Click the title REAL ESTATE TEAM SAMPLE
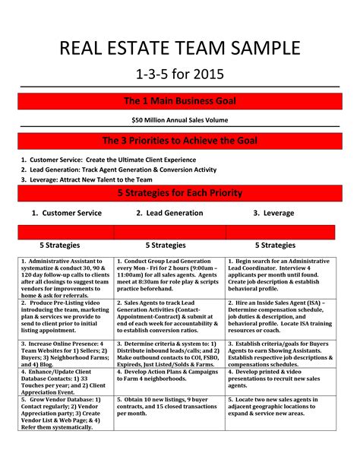click(180, 50)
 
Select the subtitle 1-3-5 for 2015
click(180, 76)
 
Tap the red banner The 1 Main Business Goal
click(180, 101)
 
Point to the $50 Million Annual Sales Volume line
click(180, 120)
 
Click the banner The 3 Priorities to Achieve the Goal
click(180, 141)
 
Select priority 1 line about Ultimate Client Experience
click(118, 160)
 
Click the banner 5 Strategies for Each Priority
click(180, 193)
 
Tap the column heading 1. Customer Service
click(66, 214)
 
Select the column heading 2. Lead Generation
click(169, 214)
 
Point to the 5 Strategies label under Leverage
click(275, 246)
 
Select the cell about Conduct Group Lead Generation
click(169, 271)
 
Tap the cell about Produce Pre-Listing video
click(66, 318)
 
